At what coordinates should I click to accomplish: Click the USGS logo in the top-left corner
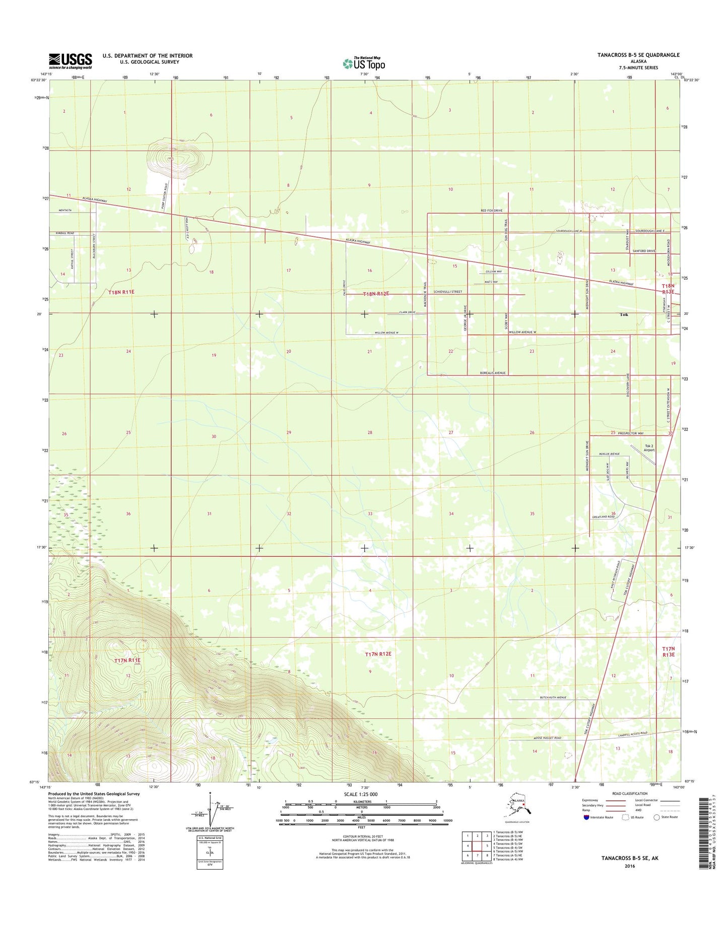(x=71, y=61)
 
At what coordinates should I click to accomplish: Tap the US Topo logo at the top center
(x=363, y=63)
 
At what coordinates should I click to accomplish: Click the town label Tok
(x=624, y=314)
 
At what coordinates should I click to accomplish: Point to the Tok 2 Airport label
(x=649, y=448)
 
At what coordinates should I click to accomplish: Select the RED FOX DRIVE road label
(x=491, y=210)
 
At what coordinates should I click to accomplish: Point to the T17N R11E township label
(x=127, y=660)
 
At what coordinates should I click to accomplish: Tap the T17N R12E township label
(x=378, y=654)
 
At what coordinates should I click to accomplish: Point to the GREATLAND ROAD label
(x=603, y=517)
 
